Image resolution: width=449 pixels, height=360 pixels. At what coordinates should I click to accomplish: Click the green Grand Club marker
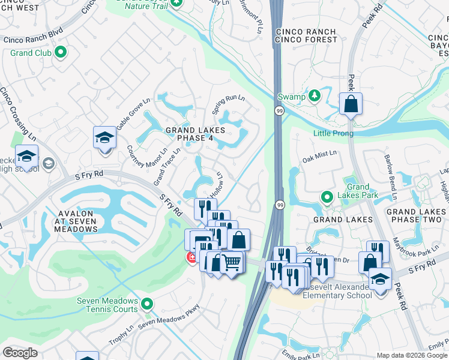tap(61, 53)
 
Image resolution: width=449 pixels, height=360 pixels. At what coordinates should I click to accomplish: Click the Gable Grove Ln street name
tap(133, 113)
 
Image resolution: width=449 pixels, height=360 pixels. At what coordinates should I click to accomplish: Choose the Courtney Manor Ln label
tap(146, 161)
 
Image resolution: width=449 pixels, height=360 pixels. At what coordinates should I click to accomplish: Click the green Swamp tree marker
tap(314, 97)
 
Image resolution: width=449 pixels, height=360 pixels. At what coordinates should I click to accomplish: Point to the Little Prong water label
tap(333, 133)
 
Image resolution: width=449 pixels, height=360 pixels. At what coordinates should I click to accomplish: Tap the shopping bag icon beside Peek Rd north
tap(351, 104)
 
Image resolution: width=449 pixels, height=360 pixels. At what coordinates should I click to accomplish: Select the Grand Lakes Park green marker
tap(327, 196)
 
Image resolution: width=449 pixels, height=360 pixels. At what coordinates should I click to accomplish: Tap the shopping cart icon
tap(232, 262)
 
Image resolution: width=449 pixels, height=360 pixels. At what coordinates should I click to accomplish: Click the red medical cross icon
tap(191, 258)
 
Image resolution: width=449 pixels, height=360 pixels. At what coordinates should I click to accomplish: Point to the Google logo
tap(20, 353)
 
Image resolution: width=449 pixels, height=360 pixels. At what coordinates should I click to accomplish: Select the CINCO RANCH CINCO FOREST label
tap(306, 35)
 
